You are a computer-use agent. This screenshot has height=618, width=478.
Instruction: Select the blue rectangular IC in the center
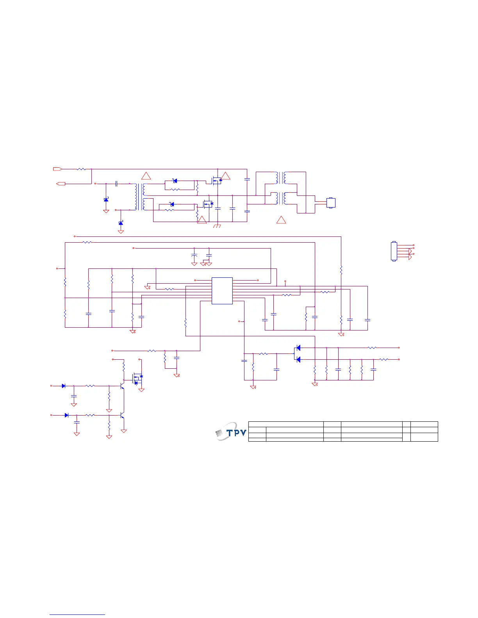click(x=222, y=291)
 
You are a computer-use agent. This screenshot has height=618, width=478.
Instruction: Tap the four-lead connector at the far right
click(x=394, y=251)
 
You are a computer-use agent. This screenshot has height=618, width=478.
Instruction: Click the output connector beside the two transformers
click(x=331, y=203)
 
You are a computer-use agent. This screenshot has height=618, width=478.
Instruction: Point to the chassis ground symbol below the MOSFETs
click(x=218, y=226)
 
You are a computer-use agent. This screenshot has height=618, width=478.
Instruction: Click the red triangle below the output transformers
click(x=281, y=220)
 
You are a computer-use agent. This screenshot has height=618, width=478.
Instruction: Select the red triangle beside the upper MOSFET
click(x=226, y=176)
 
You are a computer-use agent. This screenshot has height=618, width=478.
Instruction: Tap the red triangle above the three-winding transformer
click(x=146, y=176)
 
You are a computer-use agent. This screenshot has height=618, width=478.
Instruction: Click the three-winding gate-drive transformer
click(x=139, y=197)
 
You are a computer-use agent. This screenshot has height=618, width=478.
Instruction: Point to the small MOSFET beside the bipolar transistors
click(x=137, y=378)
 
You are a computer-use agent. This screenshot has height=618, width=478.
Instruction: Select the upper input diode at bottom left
click(x=64, y=386)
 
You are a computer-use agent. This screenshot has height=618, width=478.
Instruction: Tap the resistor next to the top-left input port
click(x=81, y=169)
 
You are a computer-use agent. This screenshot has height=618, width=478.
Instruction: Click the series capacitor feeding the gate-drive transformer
click(x=116, y=183)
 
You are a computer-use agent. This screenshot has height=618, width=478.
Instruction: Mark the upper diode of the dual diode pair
click(x=298, y=348)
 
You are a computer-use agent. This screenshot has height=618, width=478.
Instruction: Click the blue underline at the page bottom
click(x=77, y=615)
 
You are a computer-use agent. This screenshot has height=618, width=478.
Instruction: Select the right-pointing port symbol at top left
click(x=57, y=169)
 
